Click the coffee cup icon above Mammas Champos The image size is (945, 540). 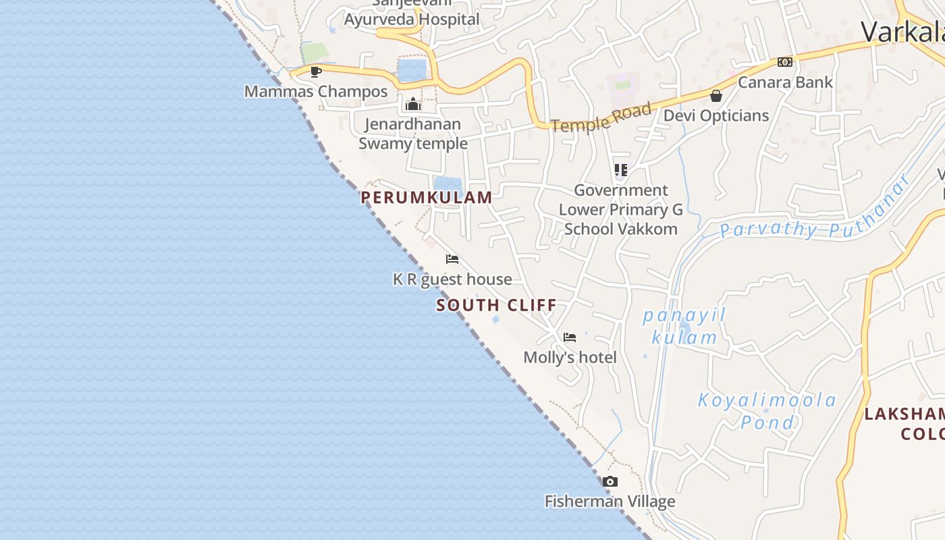coord(315,72)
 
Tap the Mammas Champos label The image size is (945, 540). coord(316,92)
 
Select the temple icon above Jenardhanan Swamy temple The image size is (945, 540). coord(413,104)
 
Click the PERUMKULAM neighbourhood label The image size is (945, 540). coord(426,197)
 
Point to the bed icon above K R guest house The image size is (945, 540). coord(452,259)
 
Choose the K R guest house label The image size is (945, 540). coord(452,279)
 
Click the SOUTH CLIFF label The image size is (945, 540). coord(496,305)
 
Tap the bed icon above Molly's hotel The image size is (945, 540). coord(570,337)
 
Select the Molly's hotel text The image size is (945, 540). coord(570,357)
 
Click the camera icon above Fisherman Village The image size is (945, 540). coord(610,482)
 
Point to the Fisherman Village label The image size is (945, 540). coord(610,502)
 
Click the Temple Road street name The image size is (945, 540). coord(601,117)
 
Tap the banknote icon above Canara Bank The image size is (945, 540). coord(784,62)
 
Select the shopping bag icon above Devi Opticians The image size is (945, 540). coord(716,96)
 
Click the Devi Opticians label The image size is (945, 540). coord(716,115)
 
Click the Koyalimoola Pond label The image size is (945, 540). coord(767,411)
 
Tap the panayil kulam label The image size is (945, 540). coord(683,326)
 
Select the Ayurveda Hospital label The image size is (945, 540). coord(412,19)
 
